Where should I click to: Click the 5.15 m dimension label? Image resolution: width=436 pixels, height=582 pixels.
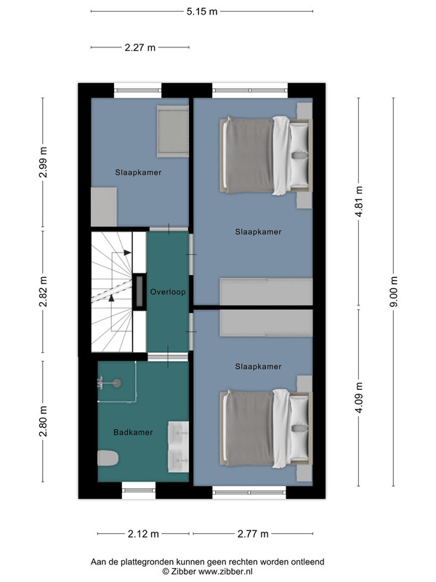pos(202,12)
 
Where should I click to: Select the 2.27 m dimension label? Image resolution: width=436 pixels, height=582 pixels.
pos(140,47)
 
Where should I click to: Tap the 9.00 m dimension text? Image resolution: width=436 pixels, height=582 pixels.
pos(394,292)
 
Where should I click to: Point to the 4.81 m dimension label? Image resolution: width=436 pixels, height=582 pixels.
pos(358,202)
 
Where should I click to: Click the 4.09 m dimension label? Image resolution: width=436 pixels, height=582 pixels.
pos(358,397)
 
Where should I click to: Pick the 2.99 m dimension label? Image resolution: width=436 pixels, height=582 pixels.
pos(43,162)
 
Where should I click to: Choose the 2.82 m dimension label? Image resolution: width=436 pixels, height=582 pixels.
pos(43,292)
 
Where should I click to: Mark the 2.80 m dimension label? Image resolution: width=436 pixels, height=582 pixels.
pos(43,421)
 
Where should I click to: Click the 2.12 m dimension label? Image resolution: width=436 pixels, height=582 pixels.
pos(143,534)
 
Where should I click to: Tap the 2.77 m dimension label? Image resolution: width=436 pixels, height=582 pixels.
pos(253,534)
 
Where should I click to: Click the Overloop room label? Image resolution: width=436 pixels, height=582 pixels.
pos(168,292)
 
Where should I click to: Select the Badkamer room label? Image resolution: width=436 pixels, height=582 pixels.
pos(133,432)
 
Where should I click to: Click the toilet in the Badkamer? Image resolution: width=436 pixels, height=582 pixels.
pos(108,458)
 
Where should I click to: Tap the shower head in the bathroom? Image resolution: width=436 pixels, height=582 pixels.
pos(117,383)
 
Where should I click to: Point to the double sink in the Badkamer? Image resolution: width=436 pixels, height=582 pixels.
pos(178,447)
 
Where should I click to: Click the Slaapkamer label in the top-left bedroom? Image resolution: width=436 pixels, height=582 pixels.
pos(138,172)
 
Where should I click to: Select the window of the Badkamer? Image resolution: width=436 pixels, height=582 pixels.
pos(139,490)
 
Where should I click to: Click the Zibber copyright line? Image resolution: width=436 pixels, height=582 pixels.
pos(208,572)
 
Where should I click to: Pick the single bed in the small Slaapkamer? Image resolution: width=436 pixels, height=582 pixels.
pos(173,131)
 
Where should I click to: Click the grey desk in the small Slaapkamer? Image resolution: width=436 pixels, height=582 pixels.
pos(104,207)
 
